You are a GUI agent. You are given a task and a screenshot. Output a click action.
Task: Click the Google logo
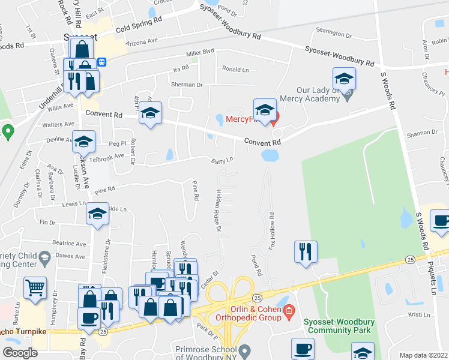point(20,352)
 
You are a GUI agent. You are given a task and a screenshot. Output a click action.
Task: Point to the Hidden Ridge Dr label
point(217,212)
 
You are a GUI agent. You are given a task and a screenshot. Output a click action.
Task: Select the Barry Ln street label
point(221,160)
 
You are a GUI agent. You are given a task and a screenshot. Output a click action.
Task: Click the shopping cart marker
point(35,287)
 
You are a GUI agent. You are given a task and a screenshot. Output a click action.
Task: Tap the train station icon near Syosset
point(103,61)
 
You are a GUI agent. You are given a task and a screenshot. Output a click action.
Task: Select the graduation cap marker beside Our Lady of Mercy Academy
point(345,79)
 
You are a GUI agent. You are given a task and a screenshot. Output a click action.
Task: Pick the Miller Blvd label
point(200,53)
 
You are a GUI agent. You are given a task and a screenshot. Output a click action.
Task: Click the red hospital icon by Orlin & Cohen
point(289,311)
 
